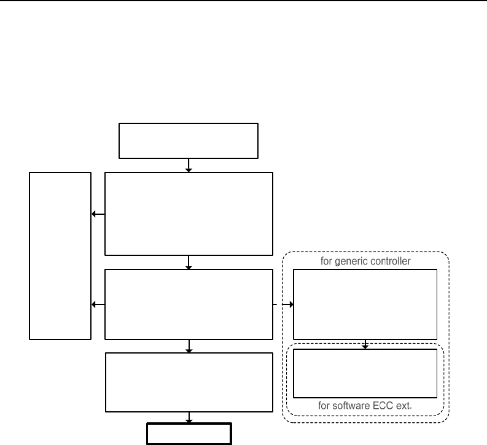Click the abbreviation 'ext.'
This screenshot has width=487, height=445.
pyautogui.click(x=403, y=406)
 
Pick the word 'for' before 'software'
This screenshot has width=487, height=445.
pyautogui.click(x=326, y=406)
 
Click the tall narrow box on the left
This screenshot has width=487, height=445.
pyautogui.click(x=60, y=255)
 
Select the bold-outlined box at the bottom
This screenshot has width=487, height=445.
pyautogui.click(x=189, y=433)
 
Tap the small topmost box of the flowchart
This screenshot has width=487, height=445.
pyautogui.click(x=189, y=141)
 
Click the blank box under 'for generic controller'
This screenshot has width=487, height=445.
pyautogui.click(x=365, y=304)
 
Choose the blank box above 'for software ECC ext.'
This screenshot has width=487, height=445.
pyautogui.click(x=365, y=373)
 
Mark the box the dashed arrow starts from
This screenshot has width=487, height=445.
pyautogui.click(x=189, y=304)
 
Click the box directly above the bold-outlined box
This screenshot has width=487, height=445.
pyautogui.click(x=189, y=382)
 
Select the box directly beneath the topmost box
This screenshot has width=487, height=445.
pyautogui.click(x=189, y=213)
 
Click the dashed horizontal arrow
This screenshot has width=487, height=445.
pyautogui.click(x=283, y=304)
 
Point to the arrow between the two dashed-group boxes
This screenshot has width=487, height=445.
pyautogui.click(x=365, y=344)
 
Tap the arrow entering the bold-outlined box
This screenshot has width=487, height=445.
pyautogui.click(x=189, y=417)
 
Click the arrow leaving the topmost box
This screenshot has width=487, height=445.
pyautogui.click(x=189, y=165)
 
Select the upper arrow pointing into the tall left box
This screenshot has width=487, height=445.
pyautogui.click(x=98, y=214)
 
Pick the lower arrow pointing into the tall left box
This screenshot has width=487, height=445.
pyautogui.click(x=98, y=304)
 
